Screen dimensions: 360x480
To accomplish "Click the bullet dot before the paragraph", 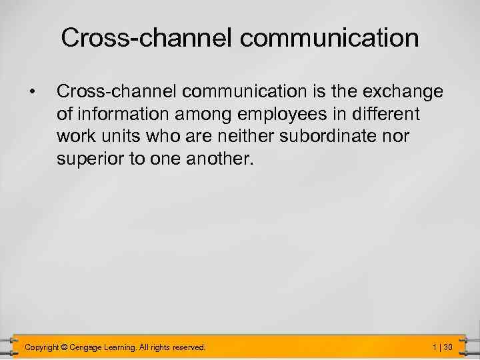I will (31, 90).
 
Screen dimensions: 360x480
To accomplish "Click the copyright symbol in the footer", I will (65, 347).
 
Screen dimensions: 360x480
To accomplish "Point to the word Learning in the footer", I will (121, 347).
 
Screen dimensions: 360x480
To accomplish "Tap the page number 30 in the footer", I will (448, 347).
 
